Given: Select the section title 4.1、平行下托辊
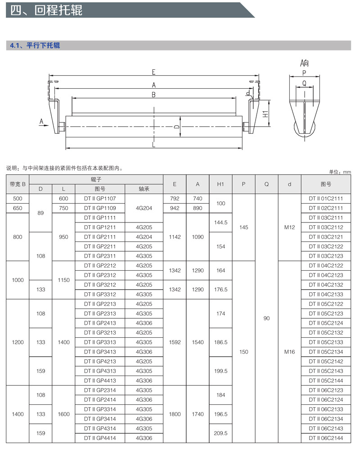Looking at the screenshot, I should tap(35, 45).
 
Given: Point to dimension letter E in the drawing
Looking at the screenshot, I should tap(153, 72).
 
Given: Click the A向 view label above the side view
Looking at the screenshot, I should tap(305, 63).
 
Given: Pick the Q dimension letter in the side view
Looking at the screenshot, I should tap(305, 83).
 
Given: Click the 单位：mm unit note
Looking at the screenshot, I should tap(340, 172).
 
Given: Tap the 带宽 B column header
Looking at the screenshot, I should tap(18, 184).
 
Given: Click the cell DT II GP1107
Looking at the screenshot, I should tap(100, 199).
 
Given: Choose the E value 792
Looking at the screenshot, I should tap(175, 199).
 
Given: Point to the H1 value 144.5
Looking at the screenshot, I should tap(220, 222).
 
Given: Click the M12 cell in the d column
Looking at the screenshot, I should tap(289, 227).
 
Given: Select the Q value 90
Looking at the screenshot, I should tap(266, 318).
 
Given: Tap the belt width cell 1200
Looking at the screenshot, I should tap(18, 342).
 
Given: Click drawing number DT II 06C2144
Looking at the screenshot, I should tap(326, 438).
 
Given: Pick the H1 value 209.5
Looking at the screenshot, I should tap(220, 433).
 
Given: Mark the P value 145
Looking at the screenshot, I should tap(243, 227).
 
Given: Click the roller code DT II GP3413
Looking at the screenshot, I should tap(100, 352).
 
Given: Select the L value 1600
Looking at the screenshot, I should tap(63, 414).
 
